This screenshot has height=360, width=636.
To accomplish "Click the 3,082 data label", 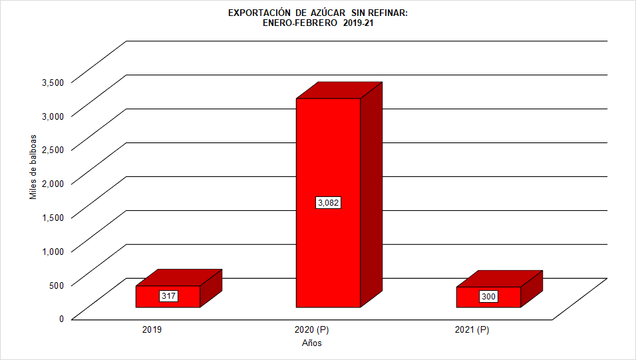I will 328,202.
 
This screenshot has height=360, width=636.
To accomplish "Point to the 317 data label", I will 168,296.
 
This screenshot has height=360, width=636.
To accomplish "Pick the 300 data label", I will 488,297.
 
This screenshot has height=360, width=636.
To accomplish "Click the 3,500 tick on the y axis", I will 53,82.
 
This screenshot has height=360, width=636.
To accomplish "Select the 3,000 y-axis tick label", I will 53,116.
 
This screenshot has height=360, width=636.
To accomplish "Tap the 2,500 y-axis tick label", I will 53,149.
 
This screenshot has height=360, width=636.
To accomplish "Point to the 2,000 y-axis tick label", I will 53,183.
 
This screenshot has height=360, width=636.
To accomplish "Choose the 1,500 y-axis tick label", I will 53,217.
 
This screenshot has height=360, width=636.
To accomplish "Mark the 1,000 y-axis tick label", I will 53,251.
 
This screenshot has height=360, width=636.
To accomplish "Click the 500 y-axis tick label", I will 57,285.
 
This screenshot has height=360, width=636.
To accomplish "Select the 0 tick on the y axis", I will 61,319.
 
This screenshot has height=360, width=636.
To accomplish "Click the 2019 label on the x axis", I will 152,330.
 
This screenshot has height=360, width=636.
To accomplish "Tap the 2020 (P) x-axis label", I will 311,330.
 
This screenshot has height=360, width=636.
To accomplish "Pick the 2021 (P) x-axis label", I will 472,330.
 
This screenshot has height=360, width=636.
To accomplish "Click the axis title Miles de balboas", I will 33,167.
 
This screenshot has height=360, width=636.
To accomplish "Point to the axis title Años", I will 312,343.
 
